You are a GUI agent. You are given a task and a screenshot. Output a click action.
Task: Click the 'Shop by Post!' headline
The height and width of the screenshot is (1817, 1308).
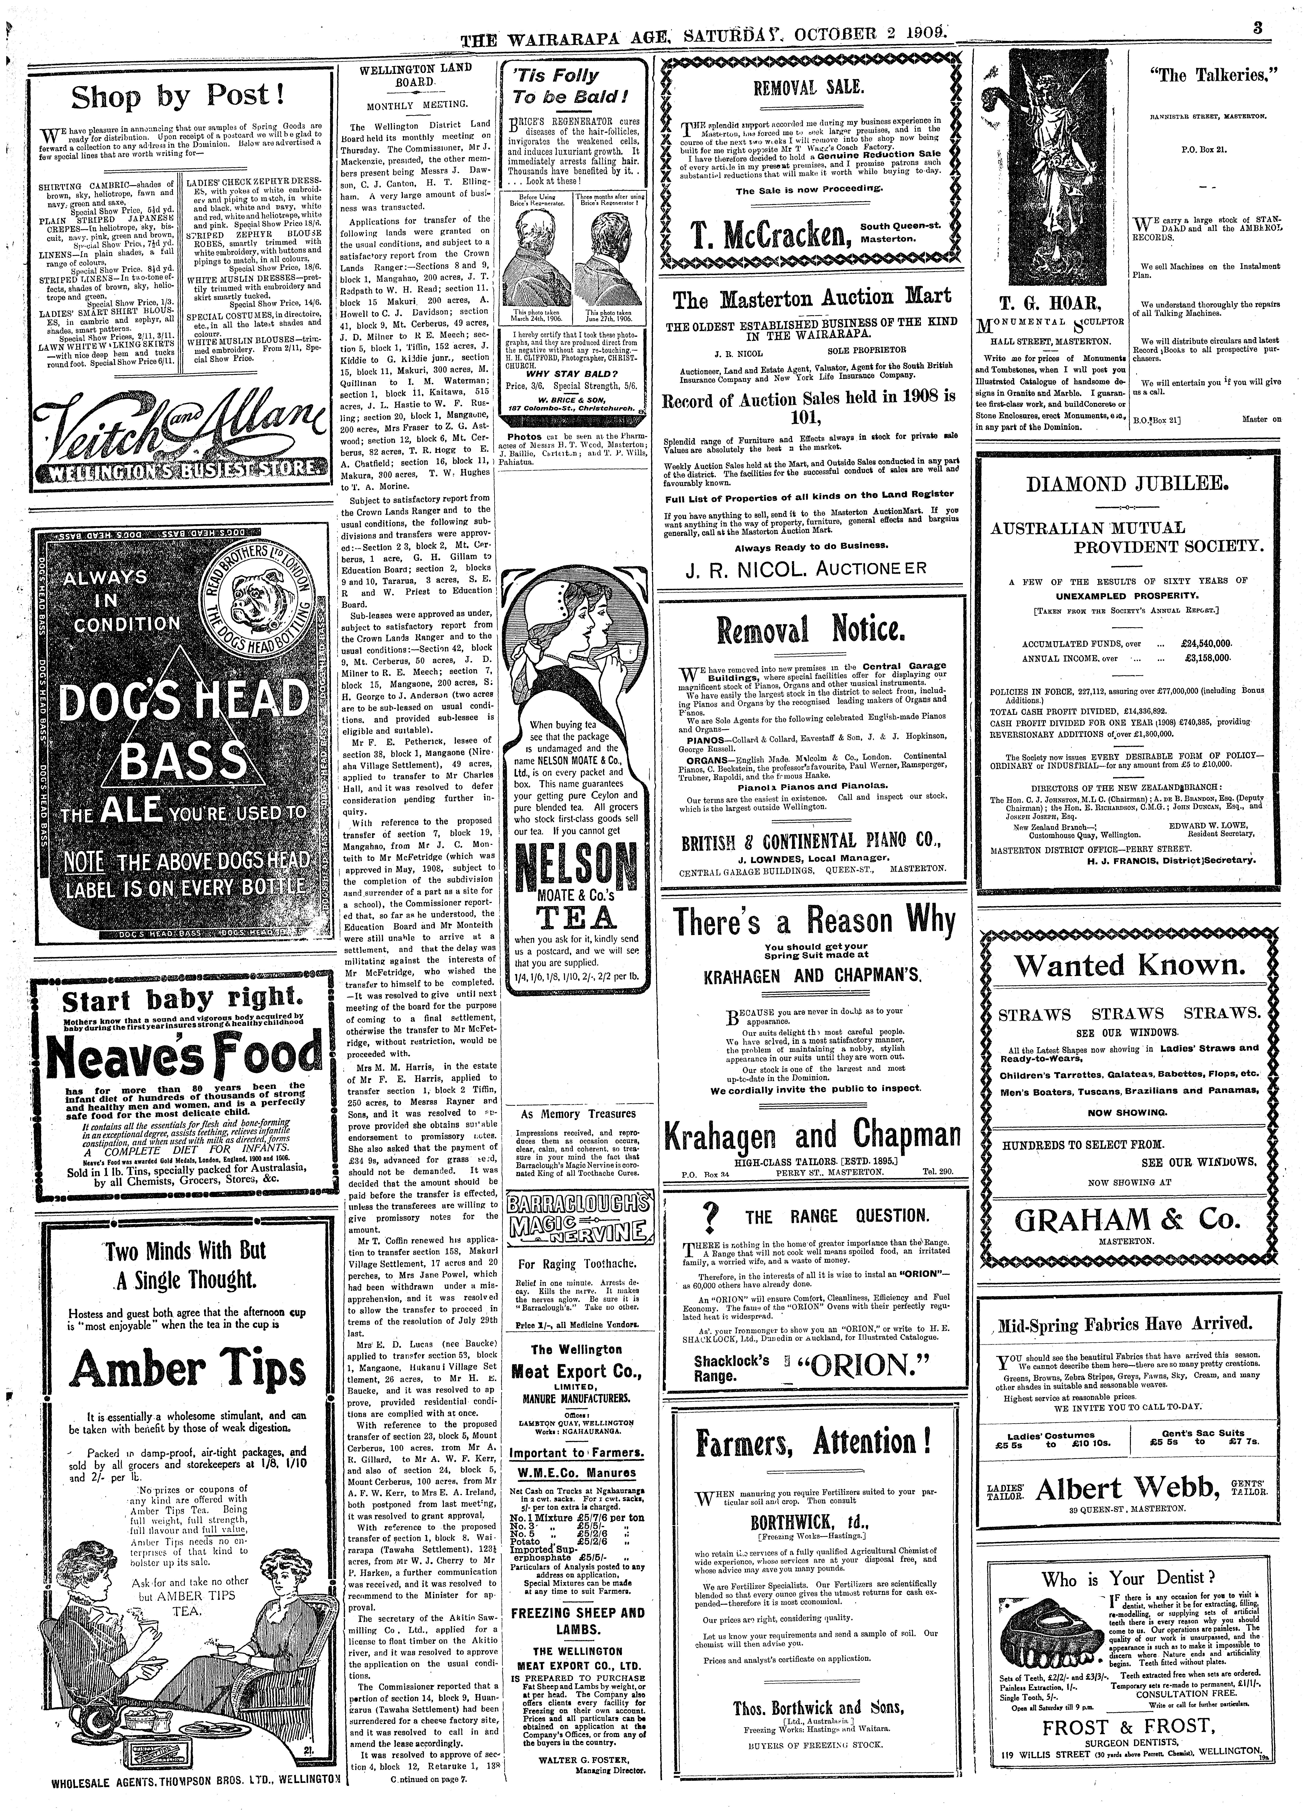tap(178, 97)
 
